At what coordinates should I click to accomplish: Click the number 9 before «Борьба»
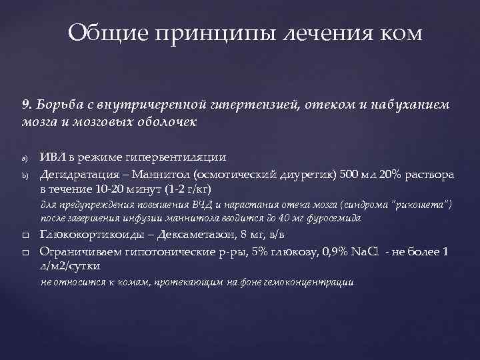(x=25, y=105)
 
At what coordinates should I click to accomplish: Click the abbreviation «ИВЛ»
(x=54, y=158)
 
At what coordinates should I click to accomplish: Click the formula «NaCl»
(x=365, y=252)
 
